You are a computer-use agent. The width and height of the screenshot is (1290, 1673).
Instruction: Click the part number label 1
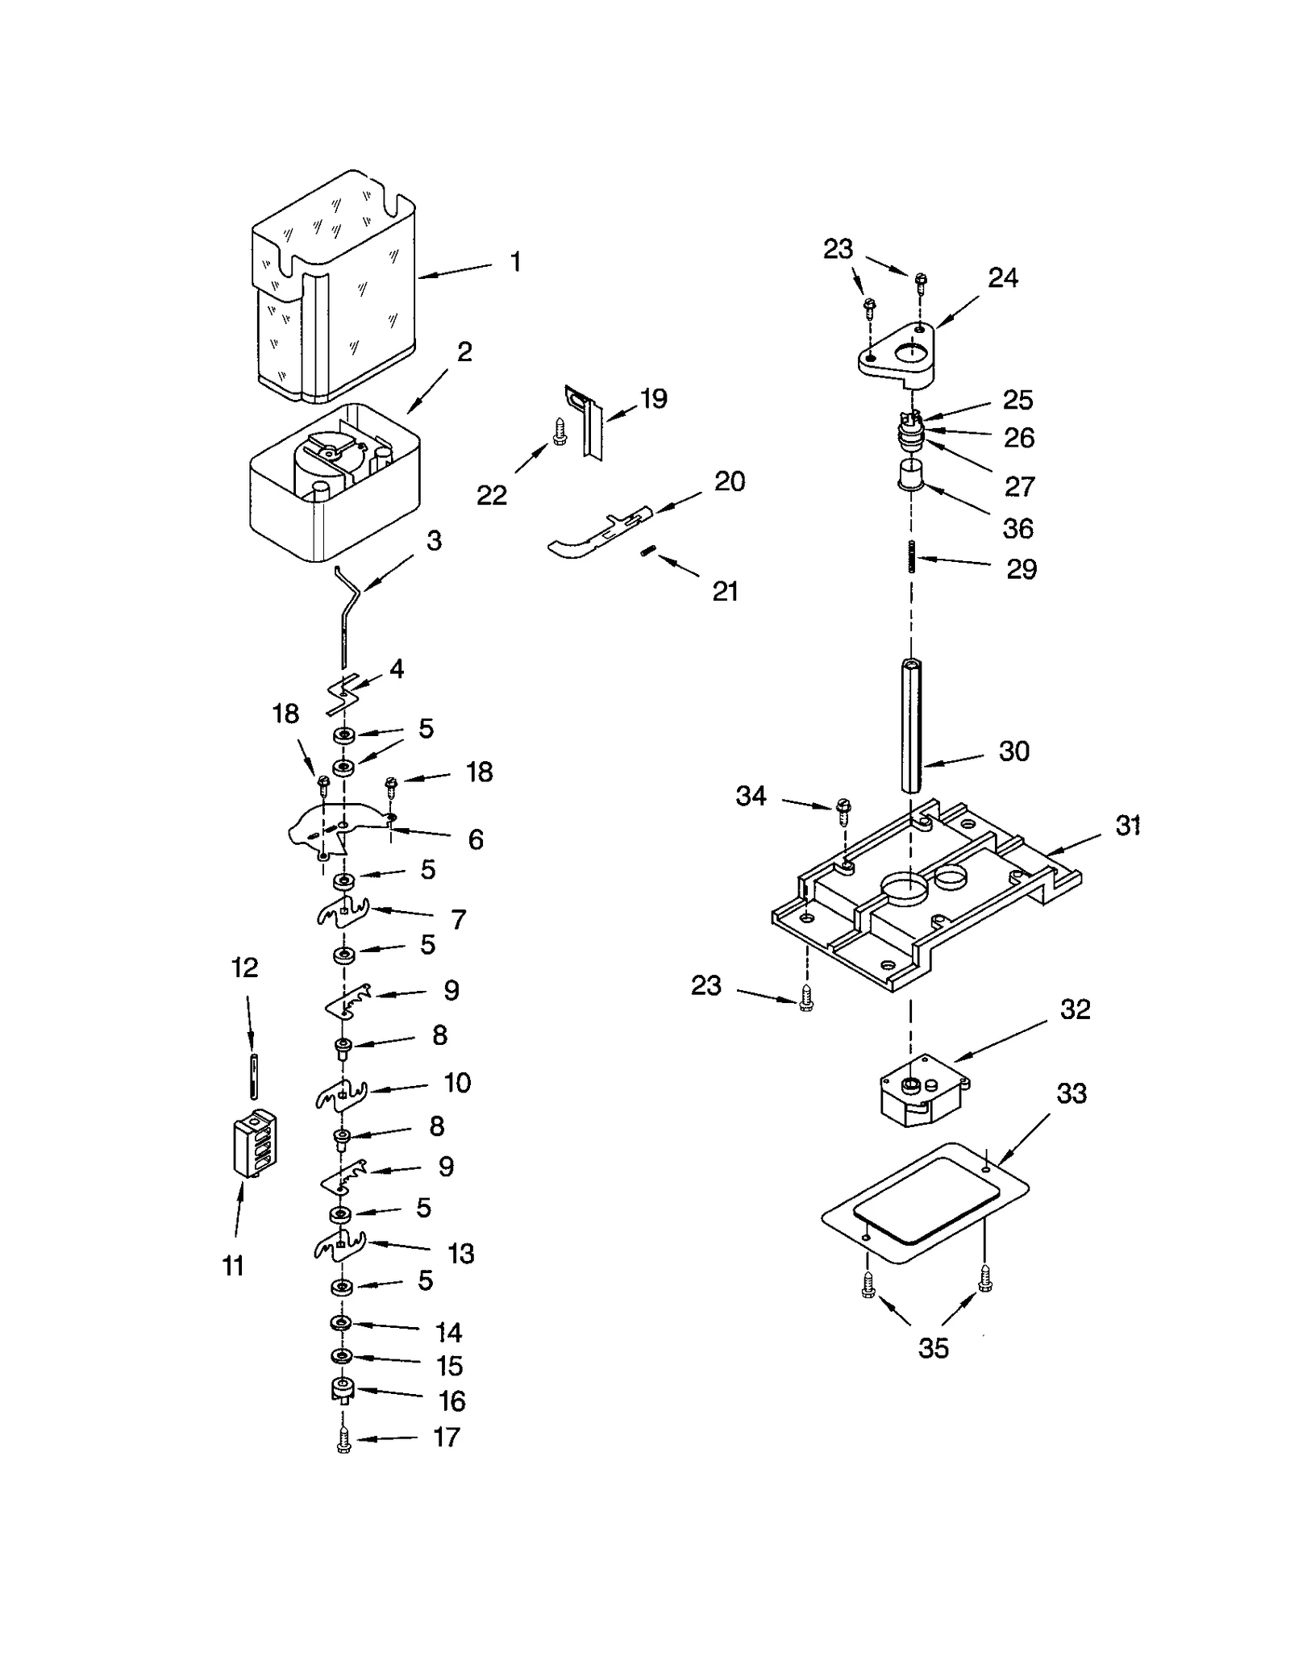515,262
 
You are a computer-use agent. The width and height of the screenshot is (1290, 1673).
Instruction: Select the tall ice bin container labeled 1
335,290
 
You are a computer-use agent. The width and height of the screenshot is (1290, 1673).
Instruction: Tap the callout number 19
653,399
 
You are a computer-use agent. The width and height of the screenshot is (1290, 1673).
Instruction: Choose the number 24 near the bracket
1003,278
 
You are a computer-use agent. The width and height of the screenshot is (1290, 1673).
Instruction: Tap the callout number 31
1127,826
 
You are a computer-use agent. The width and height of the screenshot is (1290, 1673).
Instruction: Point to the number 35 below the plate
934,1347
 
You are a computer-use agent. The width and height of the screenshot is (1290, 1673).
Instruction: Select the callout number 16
452,1401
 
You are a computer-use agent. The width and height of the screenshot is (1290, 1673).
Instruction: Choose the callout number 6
476,840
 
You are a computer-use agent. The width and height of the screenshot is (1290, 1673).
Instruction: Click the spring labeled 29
912,556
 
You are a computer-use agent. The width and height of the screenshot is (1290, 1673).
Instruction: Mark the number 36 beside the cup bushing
1017,529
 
